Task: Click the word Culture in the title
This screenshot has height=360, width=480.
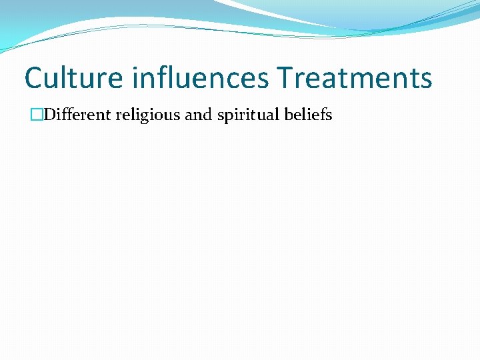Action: coord(73,78)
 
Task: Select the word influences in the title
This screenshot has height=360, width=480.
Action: coord(199,78)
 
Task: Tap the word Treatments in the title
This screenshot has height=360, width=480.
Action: coord(355,78)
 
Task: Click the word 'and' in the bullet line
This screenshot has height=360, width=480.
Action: coord(197,115)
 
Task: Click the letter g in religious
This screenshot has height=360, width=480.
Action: coord(147,117)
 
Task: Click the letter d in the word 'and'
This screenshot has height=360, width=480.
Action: coord(206,115)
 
